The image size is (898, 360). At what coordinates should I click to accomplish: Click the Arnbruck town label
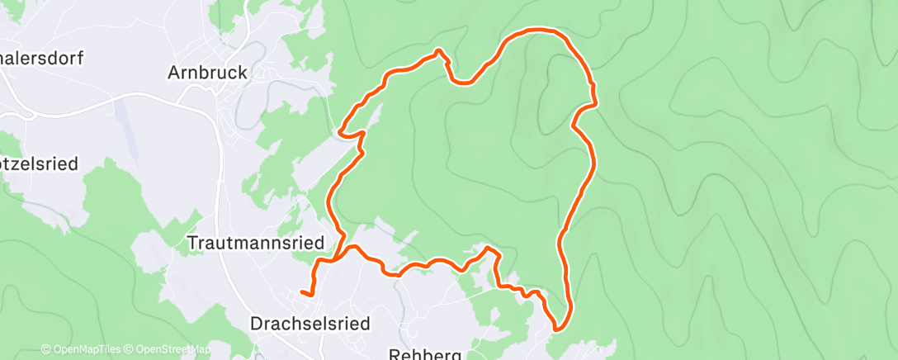point(207,73)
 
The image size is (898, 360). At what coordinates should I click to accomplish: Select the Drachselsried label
point(310,324)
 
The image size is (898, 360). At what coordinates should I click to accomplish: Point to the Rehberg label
point(424,353)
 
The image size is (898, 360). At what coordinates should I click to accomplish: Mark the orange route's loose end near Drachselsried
point(302,291)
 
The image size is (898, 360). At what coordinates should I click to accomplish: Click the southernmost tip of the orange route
point(557,329)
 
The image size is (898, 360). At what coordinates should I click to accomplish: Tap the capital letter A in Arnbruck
point(174,73)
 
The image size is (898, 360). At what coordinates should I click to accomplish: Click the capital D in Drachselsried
point(255,324)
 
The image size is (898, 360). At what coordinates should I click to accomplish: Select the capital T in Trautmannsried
point(193,244)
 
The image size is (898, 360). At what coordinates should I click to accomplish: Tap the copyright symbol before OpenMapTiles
point(45,349)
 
